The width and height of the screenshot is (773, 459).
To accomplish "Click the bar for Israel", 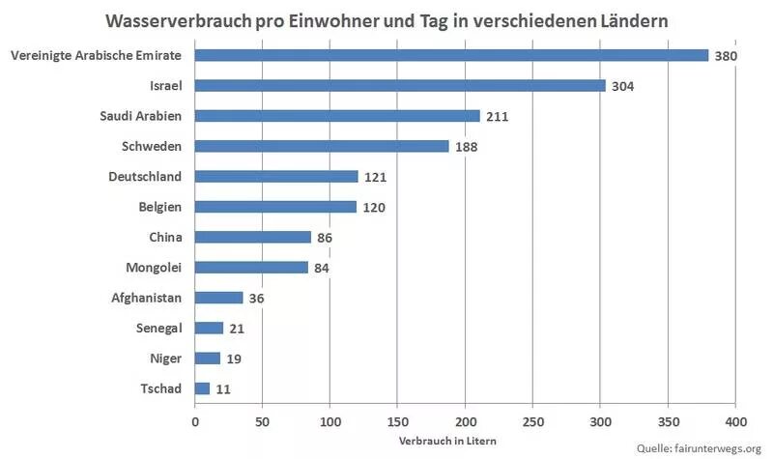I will coord(400,85).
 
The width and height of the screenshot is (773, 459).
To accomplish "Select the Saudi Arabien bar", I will coord(337,116).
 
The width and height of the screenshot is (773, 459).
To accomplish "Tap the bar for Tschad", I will coord(202,388).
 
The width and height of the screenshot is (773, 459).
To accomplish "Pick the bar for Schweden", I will coord(322,146).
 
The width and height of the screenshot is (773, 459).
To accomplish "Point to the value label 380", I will coord(726,56).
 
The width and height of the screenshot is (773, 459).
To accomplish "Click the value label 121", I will coord(375,177).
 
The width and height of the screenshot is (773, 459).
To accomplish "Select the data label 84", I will coord(322,268).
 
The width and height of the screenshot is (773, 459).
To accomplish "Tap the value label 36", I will coord(257,299).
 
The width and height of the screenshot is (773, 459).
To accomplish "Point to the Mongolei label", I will coord(155,267).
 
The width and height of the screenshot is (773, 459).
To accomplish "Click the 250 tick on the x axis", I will coord(533,422).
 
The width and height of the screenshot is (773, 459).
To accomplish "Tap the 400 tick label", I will coord(735,422).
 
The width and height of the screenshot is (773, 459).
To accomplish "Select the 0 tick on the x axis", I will coord(195,422).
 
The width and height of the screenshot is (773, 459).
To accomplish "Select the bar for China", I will coord(253,237).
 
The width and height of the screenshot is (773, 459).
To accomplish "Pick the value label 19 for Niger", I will coord(236,359).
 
